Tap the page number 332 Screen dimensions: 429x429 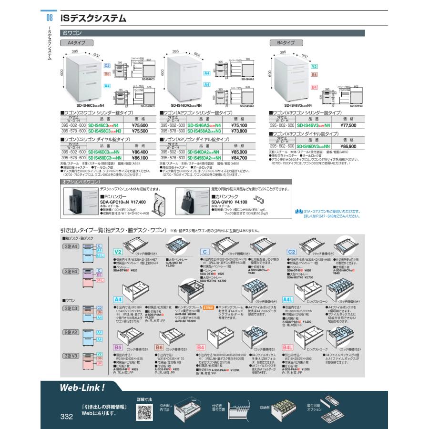(x=66, y=417)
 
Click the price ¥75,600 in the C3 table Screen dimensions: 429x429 (x=138, y=125)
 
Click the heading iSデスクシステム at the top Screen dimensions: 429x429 (x=94, y=19)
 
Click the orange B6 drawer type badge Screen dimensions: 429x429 (x=160, y=347)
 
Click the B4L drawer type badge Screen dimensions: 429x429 (x=287, y=347)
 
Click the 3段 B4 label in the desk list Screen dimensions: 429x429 (x=72, y=271)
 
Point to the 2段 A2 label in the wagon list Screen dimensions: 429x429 (x=72, y=332)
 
